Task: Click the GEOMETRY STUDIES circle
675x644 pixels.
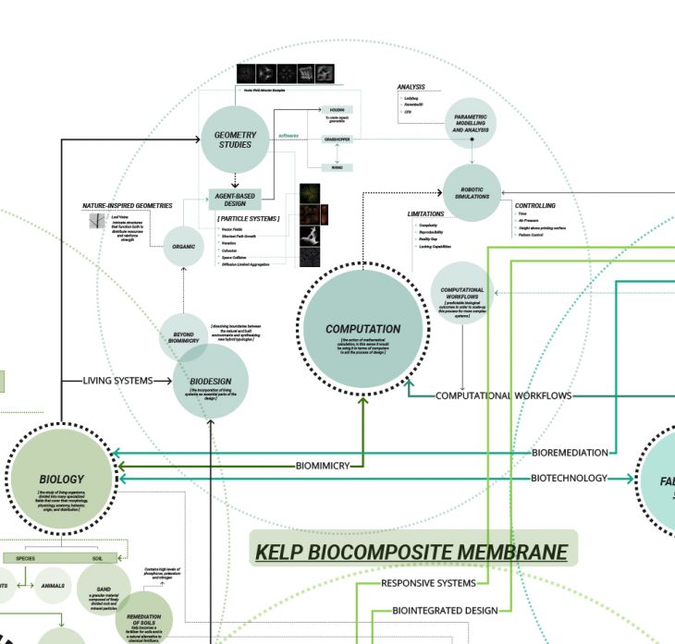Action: (x=235, y=139)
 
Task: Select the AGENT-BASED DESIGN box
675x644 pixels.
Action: (x=235, y=199)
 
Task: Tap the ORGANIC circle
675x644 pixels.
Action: (x=184, y=247)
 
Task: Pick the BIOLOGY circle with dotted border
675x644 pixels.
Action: (x=62, y=480)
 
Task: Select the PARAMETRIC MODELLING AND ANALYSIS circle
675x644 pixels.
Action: (x=471, y=124)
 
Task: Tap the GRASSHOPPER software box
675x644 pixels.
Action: (x=337, y=139)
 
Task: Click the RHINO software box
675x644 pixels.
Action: (x=337, y=167)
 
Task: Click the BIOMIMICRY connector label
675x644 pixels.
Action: (x=323, y=466)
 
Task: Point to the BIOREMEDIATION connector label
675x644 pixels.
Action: (x=570, y=453)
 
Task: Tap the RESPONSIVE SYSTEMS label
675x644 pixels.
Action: (x=428, y=583)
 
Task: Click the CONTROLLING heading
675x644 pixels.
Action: (x=535, y=205)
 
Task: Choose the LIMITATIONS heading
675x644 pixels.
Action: (x=426, y=213)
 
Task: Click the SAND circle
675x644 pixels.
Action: (x=104, y=589)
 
